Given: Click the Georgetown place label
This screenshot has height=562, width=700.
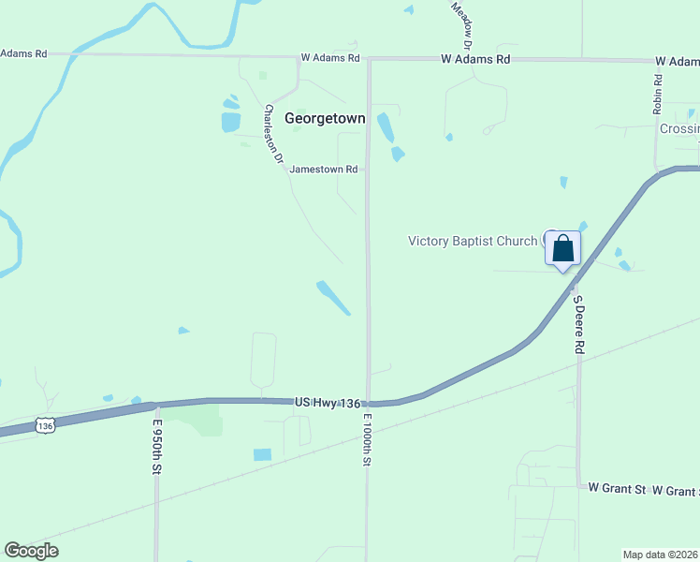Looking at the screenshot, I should coord(324,119).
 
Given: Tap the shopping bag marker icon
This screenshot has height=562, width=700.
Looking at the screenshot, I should coord(562,248).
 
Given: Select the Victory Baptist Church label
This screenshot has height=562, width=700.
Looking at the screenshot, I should coord(473,241).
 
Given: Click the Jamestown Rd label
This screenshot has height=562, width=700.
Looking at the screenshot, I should coord(324,170).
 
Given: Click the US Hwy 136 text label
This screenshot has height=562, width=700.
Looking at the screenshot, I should coord(327,402).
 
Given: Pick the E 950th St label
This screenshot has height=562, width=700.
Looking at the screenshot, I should coord(157,445).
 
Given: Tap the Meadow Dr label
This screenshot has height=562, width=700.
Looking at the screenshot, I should coord(461,24).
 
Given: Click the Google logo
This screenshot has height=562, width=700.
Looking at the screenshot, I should coord(31,551).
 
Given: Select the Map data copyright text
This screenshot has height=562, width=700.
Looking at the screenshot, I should coord(660,555).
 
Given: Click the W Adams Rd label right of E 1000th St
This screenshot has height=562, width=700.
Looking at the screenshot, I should coord(476,59).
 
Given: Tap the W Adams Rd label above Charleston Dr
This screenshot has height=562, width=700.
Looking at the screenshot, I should coord(330,58).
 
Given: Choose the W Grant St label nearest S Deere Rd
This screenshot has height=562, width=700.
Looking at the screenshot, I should coord(617,489).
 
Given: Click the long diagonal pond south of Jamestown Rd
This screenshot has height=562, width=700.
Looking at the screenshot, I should coord(333,298).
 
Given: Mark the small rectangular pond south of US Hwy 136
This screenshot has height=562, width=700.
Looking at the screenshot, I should coord(262,454).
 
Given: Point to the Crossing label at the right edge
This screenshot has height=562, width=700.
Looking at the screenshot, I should coord(679,129).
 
